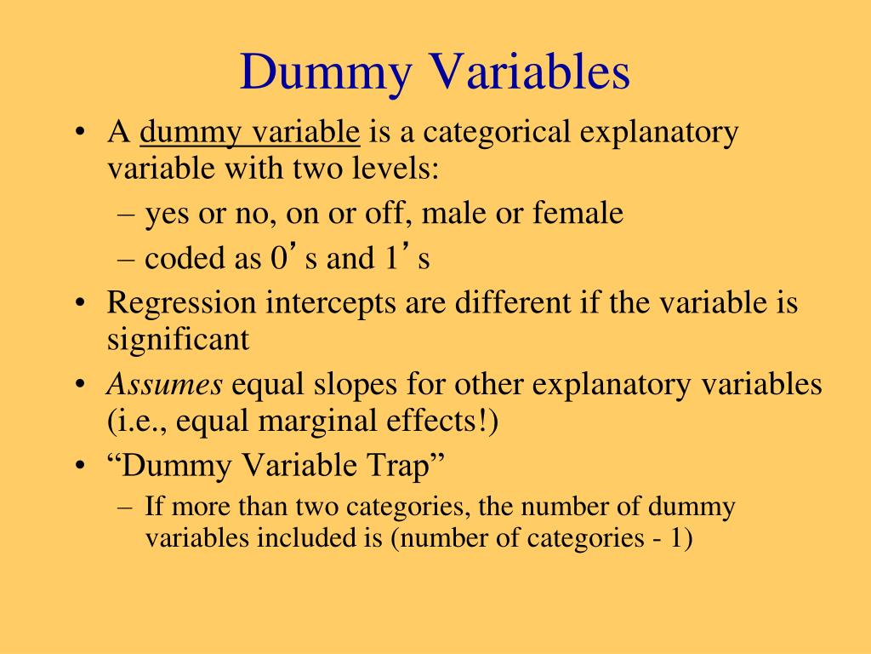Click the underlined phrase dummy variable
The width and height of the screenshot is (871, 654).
point(251,134)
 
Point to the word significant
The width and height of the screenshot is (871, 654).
point(179,339)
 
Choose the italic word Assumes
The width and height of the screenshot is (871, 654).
point(164,385)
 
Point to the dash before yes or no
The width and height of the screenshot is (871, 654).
point(127,213)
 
